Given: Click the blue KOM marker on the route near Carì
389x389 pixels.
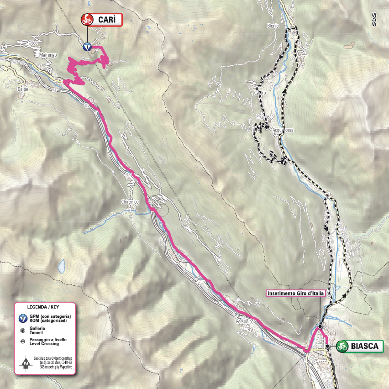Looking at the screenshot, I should point(87,46).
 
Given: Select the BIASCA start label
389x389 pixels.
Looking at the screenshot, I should point(365,347).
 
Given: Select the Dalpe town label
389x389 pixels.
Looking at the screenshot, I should point(22,89).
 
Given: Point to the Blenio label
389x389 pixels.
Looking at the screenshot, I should point(273,26).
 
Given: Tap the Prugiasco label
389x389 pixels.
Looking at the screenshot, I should point(264,117).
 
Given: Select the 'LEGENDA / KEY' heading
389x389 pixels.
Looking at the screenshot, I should point(44,307).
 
